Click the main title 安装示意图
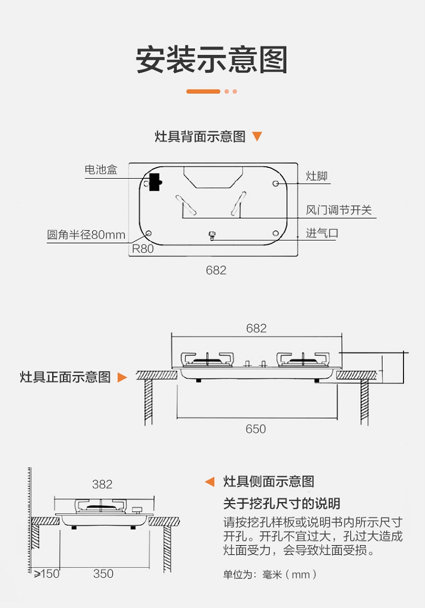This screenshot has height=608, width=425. click(x=212, y=60)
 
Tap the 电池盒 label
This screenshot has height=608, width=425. click(x=101, y=170)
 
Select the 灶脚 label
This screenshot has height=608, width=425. click(x=317, y=176)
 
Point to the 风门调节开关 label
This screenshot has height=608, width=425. click(x=339, y=210)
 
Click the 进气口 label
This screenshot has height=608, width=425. click(x=322, y=233)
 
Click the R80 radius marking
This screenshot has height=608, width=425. click(x=143, y=248)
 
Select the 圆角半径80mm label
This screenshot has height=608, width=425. click(x=86, y=235)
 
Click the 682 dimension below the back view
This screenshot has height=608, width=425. click(x=216, y=271)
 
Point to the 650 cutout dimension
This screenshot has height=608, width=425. click(x=256, y=429)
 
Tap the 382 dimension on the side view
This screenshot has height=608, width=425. click(x=102, y=484)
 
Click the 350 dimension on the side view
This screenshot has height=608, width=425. click(x=103, y=574)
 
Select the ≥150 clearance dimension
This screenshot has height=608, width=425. click(x=46, y=574)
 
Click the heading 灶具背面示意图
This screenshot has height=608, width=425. click(x=200, y=137)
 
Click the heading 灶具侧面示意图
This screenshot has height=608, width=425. click(x=269, y=482)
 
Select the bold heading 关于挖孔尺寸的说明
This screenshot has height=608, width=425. click(x=282, y=504)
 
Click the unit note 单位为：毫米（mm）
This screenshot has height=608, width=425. click(x=270, y=575)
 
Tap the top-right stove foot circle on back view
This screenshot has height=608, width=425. click(x=275, y=184)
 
